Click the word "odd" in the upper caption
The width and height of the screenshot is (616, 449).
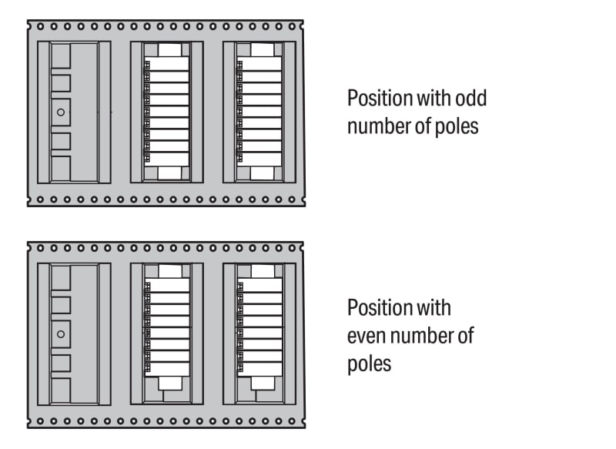click(470, 98)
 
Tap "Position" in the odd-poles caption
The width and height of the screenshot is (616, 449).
click(380, 99)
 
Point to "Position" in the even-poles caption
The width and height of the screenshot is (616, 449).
click(380, 308)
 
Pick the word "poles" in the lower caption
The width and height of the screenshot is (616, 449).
click(370, 364)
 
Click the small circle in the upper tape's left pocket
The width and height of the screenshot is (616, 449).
click(61, 112)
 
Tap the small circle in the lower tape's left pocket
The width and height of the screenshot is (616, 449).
click(61, 334)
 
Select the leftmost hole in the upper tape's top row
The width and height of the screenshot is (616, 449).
click(41, 27)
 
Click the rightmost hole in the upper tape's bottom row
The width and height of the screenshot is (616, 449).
click(292, 199)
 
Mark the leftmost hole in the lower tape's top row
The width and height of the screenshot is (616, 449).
click(41, 248)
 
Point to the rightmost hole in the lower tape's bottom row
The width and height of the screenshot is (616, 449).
click(292, 421)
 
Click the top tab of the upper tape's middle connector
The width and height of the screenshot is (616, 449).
click(169, 50)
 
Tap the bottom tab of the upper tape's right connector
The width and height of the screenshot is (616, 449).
click(262, 173)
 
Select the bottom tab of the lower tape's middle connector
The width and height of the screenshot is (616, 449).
click(170, 384)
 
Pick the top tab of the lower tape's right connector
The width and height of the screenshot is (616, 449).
click(263, 271)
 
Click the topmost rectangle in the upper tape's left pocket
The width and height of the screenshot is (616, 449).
click(61, 55)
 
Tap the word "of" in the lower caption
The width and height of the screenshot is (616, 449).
click(466, 336)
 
